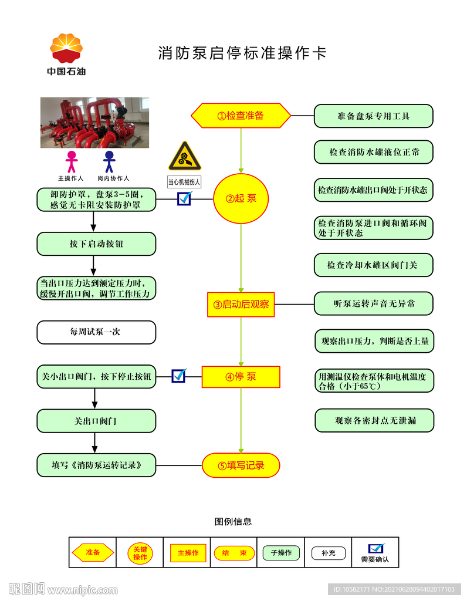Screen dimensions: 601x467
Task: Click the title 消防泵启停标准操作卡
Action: click(242, 53)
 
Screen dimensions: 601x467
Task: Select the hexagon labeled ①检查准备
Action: click(241, 116)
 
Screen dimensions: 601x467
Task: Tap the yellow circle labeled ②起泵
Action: click(241, 198)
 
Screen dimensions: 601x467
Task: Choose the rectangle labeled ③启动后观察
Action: click(241, 305)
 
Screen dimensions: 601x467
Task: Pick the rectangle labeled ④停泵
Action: click(241, 377)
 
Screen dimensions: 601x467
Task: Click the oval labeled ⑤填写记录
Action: click(241, 465)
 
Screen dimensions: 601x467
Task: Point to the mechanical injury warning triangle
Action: click(184, 157)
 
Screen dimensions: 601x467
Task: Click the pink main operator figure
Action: click(72, 162)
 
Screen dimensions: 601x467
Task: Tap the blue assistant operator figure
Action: click(109, 162)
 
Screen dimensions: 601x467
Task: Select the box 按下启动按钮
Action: click(96, 244)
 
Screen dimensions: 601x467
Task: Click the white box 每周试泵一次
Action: click(96, 332)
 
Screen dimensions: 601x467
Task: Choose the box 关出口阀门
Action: click(96, 421)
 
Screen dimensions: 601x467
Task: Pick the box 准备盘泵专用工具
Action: click(373, 116)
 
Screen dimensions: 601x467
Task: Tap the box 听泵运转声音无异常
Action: click(374, 304)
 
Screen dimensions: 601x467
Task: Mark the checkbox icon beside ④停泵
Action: click(179, 375)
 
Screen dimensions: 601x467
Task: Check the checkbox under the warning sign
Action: click(184, 198)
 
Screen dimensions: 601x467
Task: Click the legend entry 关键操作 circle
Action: click(140, 553)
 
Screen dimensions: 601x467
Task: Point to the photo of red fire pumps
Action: click(94, 123)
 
